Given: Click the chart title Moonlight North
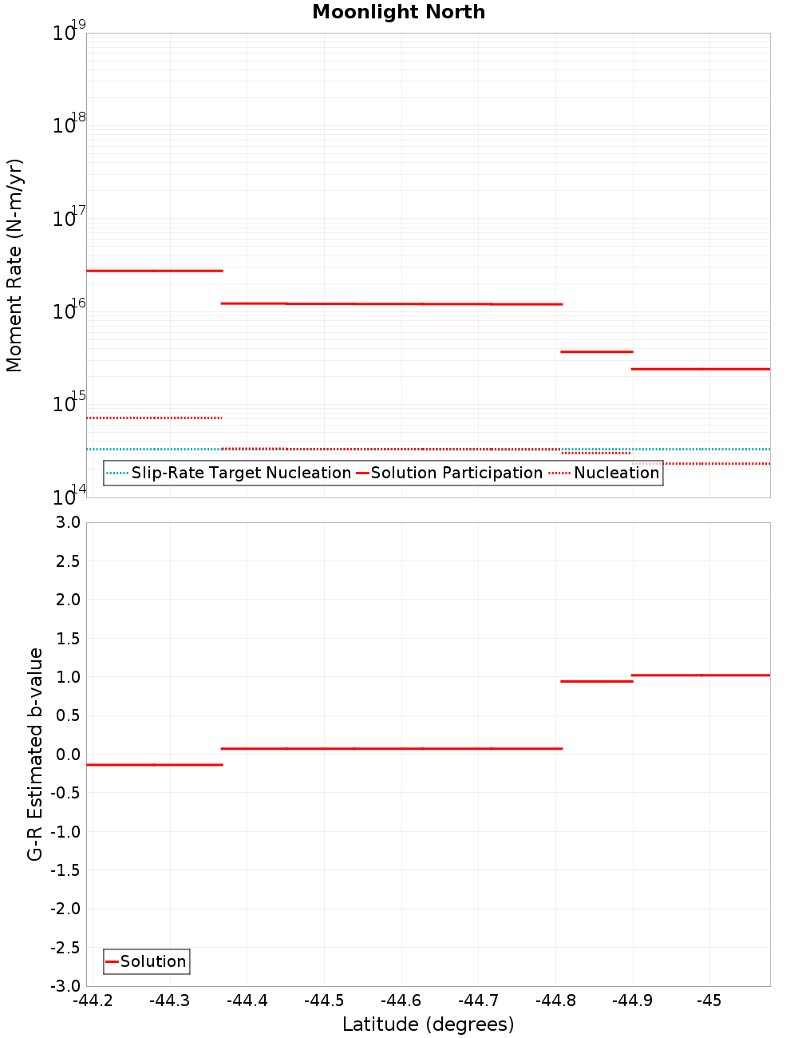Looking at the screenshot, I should coord(398,12).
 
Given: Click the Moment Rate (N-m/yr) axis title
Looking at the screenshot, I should coord(14,265).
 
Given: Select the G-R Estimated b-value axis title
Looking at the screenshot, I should coord(35,754).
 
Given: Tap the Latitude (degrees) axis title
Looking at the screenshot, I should coord(428,1024).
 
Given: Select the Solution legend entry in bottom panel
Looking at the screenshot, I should coord(152,961).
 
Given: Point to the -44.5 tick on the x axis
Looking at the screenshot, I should coord(324,1000).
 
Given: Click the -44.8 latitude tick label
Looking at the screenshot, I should coord(555,1000).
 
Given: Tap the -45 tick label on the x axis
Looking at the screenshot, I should coord(709,1000).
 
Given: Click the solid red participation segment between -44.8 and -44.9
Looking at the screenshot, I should coord(597,351).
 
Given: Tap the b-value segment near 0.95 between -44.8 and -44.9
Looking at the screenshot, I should coord(597,681).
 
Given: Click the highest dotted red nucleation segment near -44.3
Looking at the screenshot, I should coord(154,418).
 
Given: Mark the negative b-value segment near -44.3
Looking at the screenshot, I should coord(154,765).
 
